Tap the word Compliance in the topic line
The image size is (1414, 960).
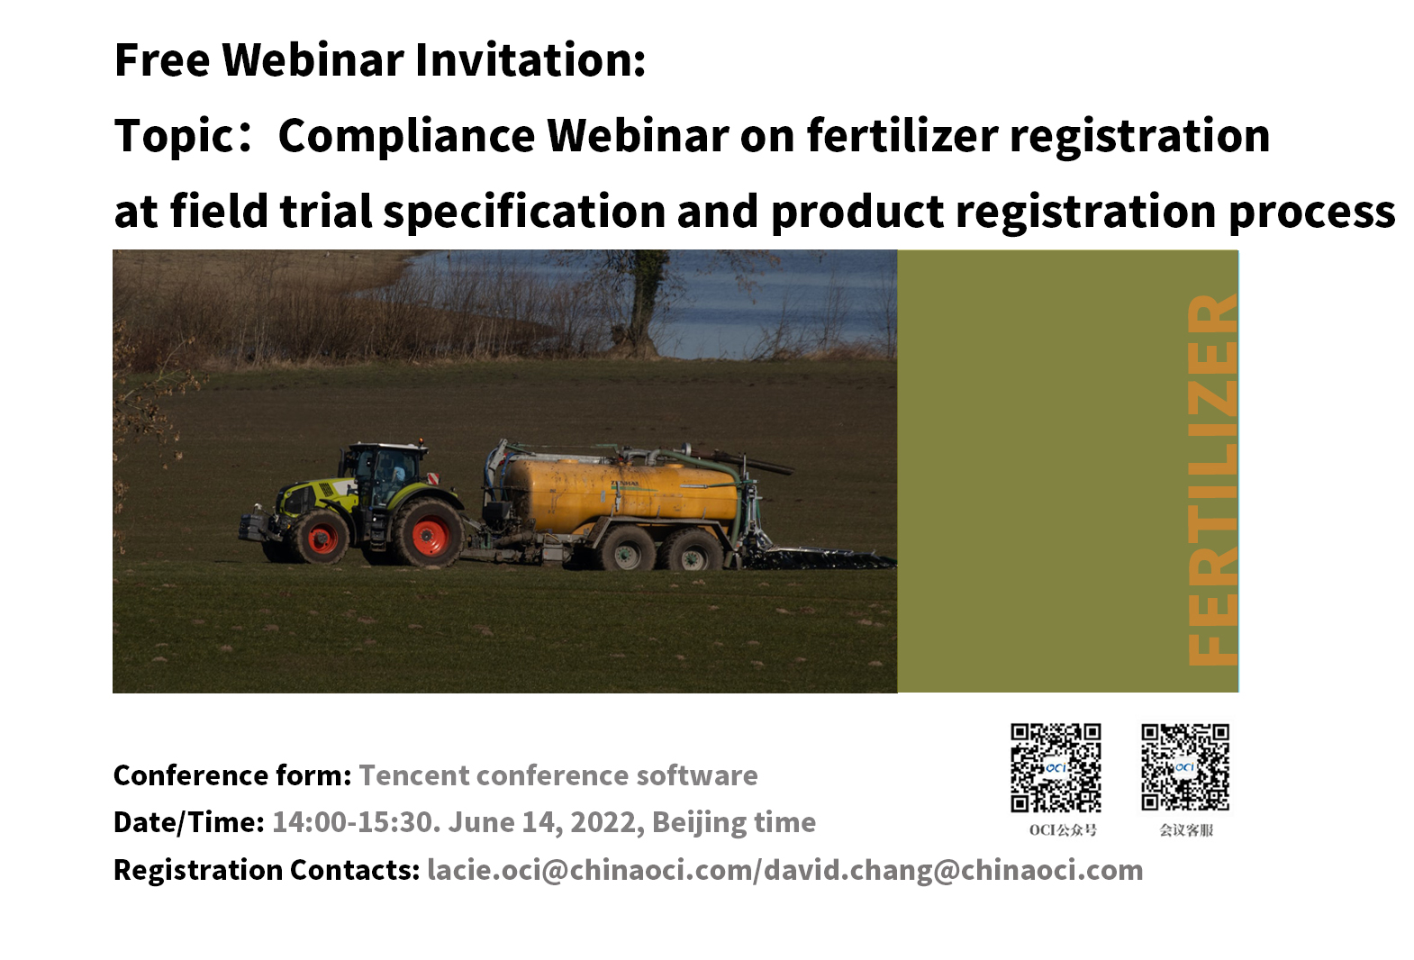click(406, 136)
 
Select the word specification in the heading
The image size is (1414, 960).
click(524, 212)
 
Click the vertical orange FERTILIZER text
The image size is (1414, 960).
click(1212, 480)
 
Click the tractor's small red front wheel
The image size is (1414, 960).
click(322, 539)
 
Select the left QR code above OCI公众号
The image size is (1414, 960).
click(1056, 768)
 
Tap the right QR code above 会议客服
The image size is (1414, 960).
click(1185, 767)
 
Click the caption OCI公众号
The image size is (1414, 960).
click(1063, 830)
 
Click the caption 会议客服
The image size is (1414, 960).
click(1186, 830)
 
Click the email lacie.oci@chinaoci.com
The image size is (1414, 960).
click(590, 870)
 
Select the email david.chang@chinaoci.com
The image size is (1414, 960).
click(953, 870)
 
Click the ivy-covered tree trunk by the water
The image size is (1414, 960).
click(644, 303)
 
